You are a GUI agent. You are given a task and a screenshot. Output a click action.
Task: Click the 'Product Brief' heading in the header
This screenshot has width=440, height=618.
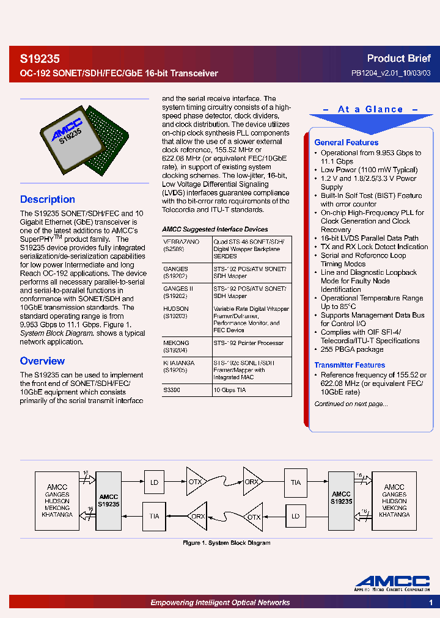pos(398,59)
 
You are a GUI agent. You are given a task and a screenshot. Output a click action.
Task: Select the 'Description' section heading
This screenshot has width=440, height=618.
pos(48,199)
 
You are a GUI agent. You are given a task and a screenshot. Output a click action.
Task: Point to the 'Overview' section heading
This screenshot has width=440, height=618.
pos(42,361)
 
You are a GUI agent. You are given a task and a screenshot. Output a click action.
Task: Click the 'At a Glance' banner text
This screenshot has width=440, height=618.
pos(371,109)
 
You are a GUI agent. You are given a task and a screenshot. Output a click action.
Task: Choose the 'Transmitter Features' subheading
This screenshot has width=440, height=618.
pos(350,365)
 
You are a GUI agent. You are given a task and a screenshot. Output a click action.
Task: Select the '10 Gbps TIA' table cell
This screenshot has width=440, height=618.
pos(229,390)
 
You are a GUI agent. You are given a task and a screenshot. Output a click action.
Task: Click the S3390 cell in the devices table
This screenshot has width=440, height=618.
pos(172,390)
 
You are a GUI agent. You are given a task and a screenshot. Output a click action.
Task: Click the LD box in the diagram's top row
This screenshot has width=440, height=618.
pos(154,482)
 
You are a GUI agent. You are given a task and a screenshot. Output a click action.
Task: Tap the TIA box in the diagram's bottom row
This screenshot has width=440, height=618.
pos(154,516)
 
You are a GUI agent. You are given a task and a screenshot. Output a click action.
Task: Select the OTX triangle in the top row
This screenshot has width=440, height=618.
pos(196,482)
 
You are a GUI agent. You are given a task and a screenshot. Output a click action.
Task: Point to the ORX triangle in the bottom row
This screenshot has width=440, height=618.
pos(197,516)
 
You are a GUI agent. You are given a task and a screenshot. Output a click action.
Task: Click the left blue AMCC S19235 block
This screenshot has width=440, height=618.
pos(109,500)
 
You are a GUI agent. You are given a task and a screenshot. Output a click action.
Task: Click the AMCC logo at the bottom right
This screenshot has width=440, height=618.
pos(392,583)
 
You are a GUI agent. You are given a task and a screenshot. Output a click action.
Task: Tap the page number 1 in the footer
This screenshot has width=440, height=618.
pos(431,603)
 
